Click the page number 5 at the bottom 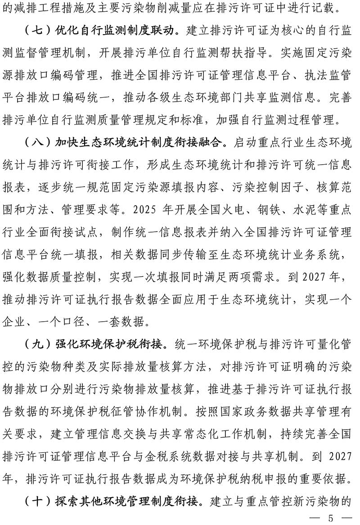(x=331, y=518)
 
